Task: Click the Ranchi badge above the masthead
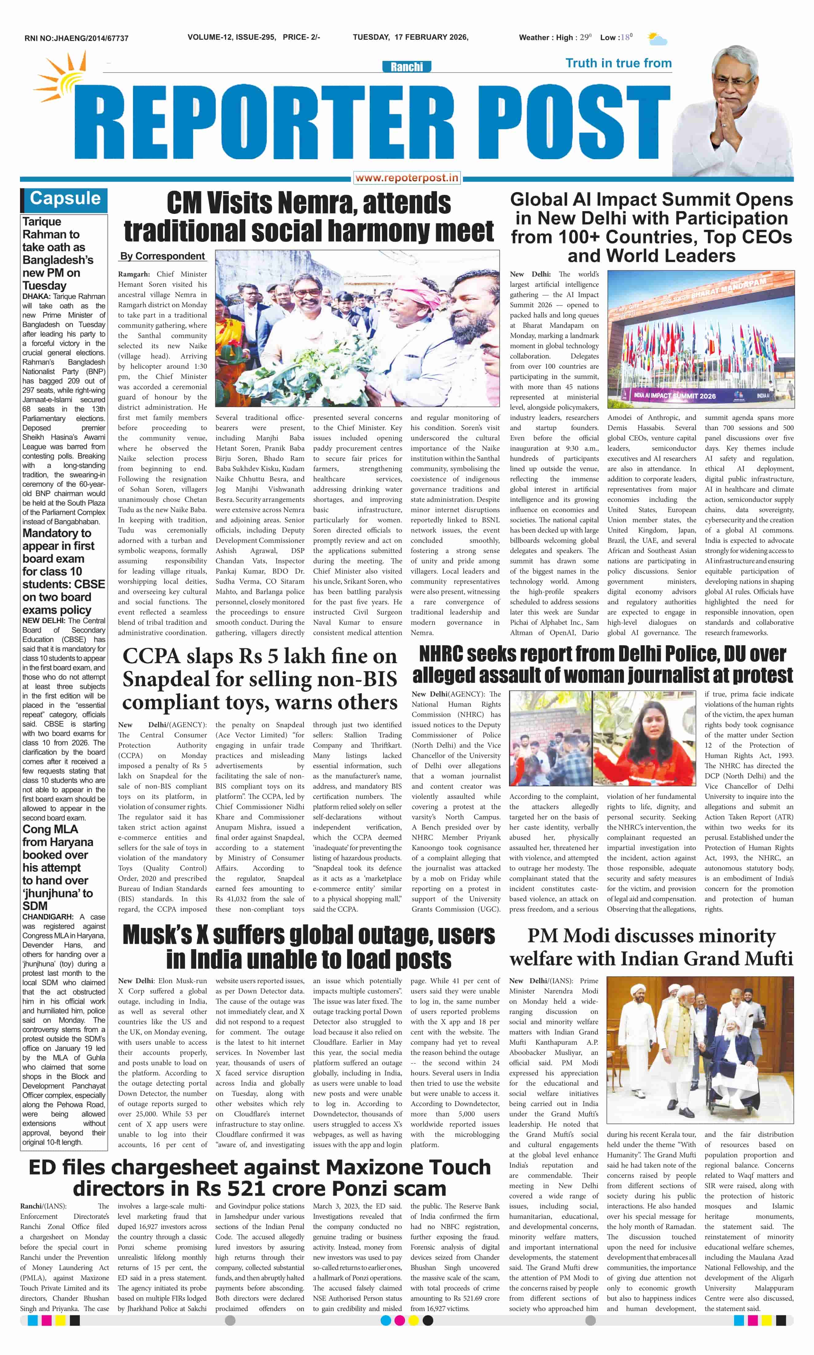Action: [x=406, y=67]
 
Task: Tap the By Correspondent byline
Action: [x=162, y=256]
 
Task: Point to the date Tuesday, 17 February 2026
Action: [x=410, y=37]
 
